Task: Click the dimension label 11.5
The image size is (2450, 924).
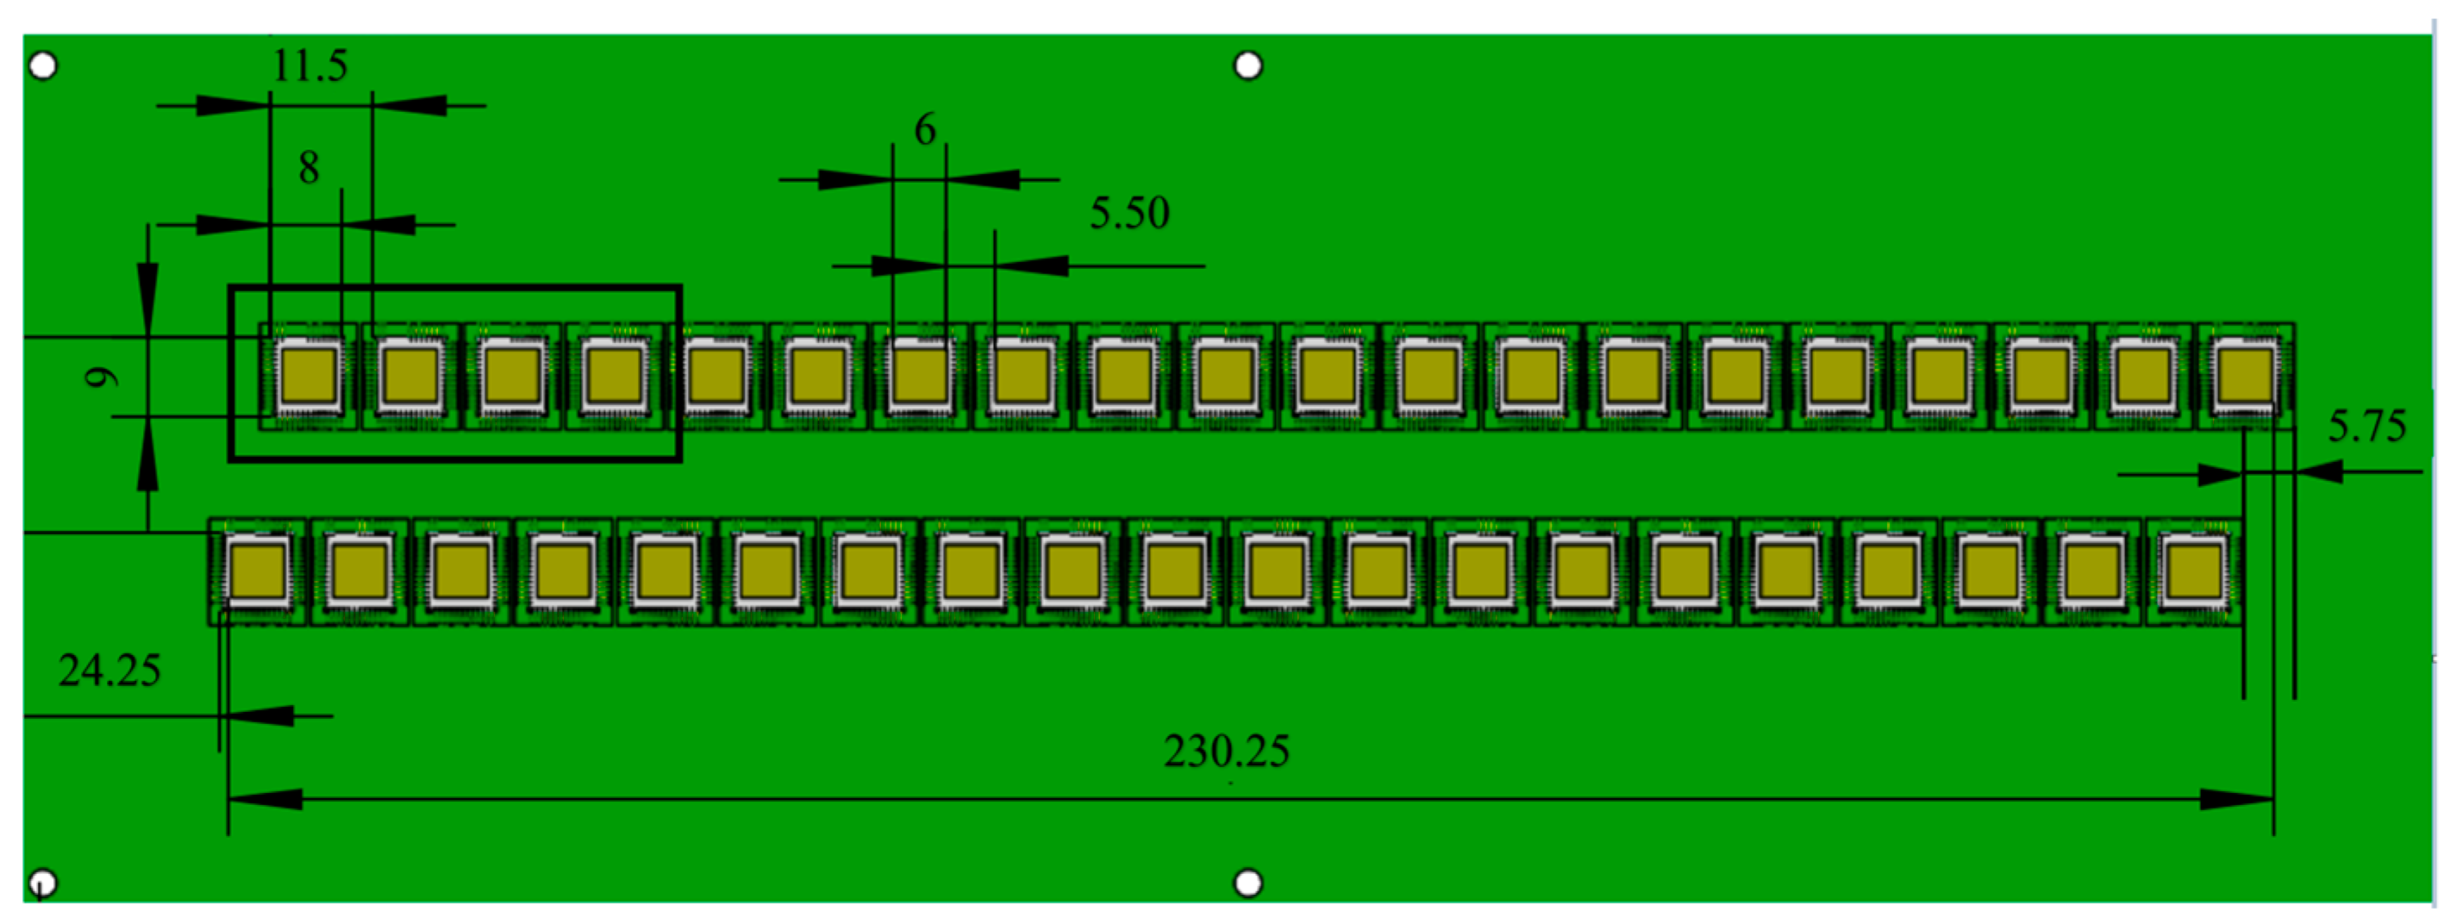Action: [x=309, y=66]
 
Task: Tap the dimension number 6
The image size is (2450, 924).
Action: [x=924, y=130]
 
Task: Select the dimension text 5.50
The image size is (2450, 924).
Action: [x=1129, y=213]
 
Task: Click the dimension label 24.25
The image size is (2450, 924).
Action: [x=109, y=671]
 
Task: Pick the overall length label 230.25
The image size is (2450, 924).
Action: [x=1226, y=752]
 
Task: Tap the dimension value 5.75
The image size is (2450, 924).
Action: [x=2366, y=427]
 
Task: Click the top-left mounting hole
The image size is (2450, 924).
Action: [x=43, y=66]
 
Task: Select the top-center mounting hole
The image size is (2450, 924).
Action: [x=1247, y=66]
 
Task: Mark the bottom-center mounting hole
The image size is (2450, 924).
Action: [x=1247, y=883]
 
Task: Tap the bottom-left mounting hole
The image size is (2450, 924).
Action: [x=43, y=883]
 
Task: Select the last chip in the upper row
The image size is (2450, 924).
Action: [x=2246, y=377]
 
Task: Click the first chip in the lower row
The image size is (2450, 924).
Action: [x=258, y=572]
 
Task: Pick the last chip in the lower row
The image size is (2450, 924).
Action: [x=2193, y=572]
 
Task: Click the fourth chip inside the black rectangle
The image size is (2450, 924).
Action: [x=616, y=377]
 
